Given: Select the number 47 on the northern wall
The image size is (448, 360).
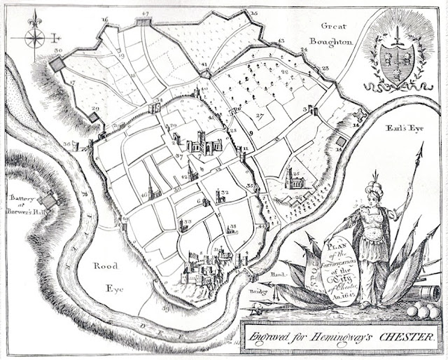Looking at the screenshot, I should tap(145, 14).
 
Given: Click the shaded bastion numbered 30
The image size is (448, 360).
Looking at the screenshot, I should tap(56, 64).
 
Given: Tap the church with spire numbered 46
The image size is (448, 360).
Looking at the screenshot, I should tap(153, 188).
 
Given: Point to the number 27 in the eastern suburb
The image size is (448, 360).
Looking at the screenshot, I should tap(259, 116).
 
